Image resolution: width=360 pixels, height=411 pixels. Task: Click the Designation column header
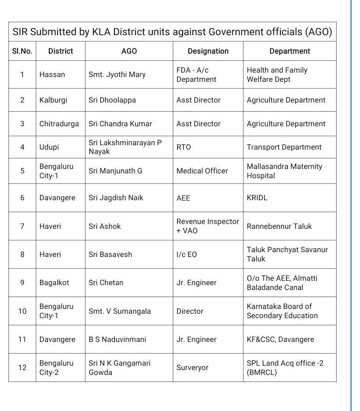(x=208, y=51)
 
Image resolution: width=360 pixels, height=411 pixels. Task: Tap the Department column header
(x=290, y=51)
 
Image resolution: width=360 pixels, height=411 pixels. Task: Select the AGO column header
(x=129, y=51)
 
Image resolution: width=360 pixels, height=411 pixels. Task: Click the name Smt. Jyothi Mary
(x=117, y=74)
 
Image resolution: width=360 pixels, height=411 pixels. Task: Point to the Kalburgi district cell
(x=53, y=100)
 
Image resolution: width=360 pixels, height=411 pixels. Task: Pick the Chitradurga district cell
(x=59, y=124)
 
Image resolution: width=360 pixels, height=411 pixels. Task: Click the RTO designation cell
(x=184, y=147)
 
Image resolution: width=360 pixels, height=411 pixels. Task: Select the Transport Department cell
(x=284, y=147)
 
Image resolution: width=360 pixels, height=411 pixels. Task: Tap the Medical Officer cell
(x=202, y=171)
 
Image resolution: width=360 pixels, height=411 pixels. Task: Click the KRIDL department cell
(x=257, y=198)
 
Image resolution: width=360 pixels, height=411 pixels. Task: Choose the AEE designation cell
(x=183, y=198)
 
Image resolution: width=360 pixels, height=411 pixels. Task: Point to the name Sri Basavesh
(x=110, y=254)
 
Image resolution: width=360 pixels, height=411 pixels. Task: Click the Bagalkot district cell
(x=54, y=283)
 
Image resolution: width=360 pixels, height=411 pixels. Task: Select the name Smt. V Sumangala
(x=120, y=311)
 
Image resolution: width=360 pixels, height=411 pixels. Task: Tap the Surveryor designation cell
(x=192, y=367)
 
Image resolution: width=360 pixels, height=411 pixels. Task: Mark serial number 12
(x=22, y=367)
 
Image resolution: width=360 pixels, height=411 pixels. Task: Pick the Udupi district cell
(x=49, y=147)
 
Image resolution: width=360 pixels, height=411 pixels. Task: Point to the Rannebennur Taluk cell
(x=279, y=226)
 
